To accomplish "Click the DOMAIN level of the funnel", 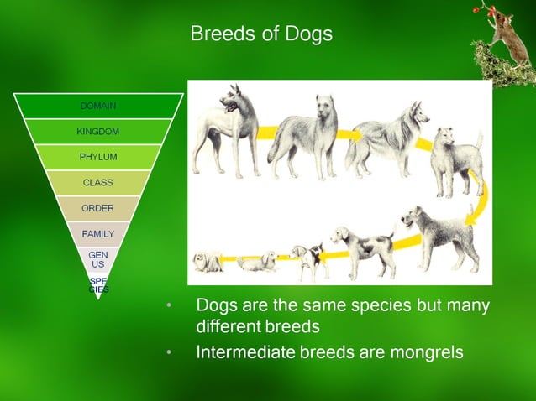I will tap(98, 106).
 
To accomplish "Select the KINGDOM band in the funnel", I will tap(98, 132).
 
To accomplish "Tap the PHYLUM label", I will tap(98, 157).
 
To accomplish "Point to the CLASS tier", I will tap(98, 182).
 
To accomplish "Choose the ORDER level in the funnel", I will tap(98, 208).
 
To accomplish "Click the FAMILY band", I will tap(98, 233).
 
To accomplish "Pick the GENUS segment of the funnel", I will tap(98, 258).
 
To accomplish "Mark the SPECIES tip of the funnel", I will tap(98, 284).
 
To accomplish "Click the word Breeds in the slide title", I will tap(218, 34).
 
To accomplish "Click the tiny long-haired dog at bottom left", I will tap(207, 262).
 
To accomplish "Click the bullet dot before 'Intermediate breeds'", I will tap(171, 353).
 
